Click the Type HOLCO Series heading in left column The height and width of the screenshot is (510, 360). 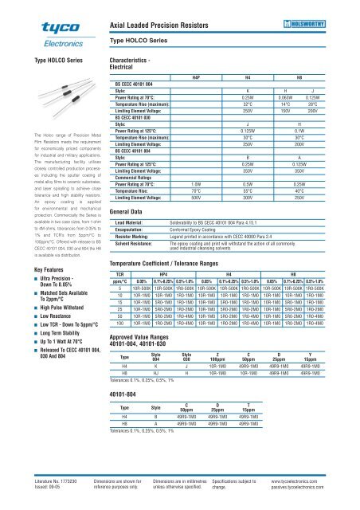click(x=36, y=61)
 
